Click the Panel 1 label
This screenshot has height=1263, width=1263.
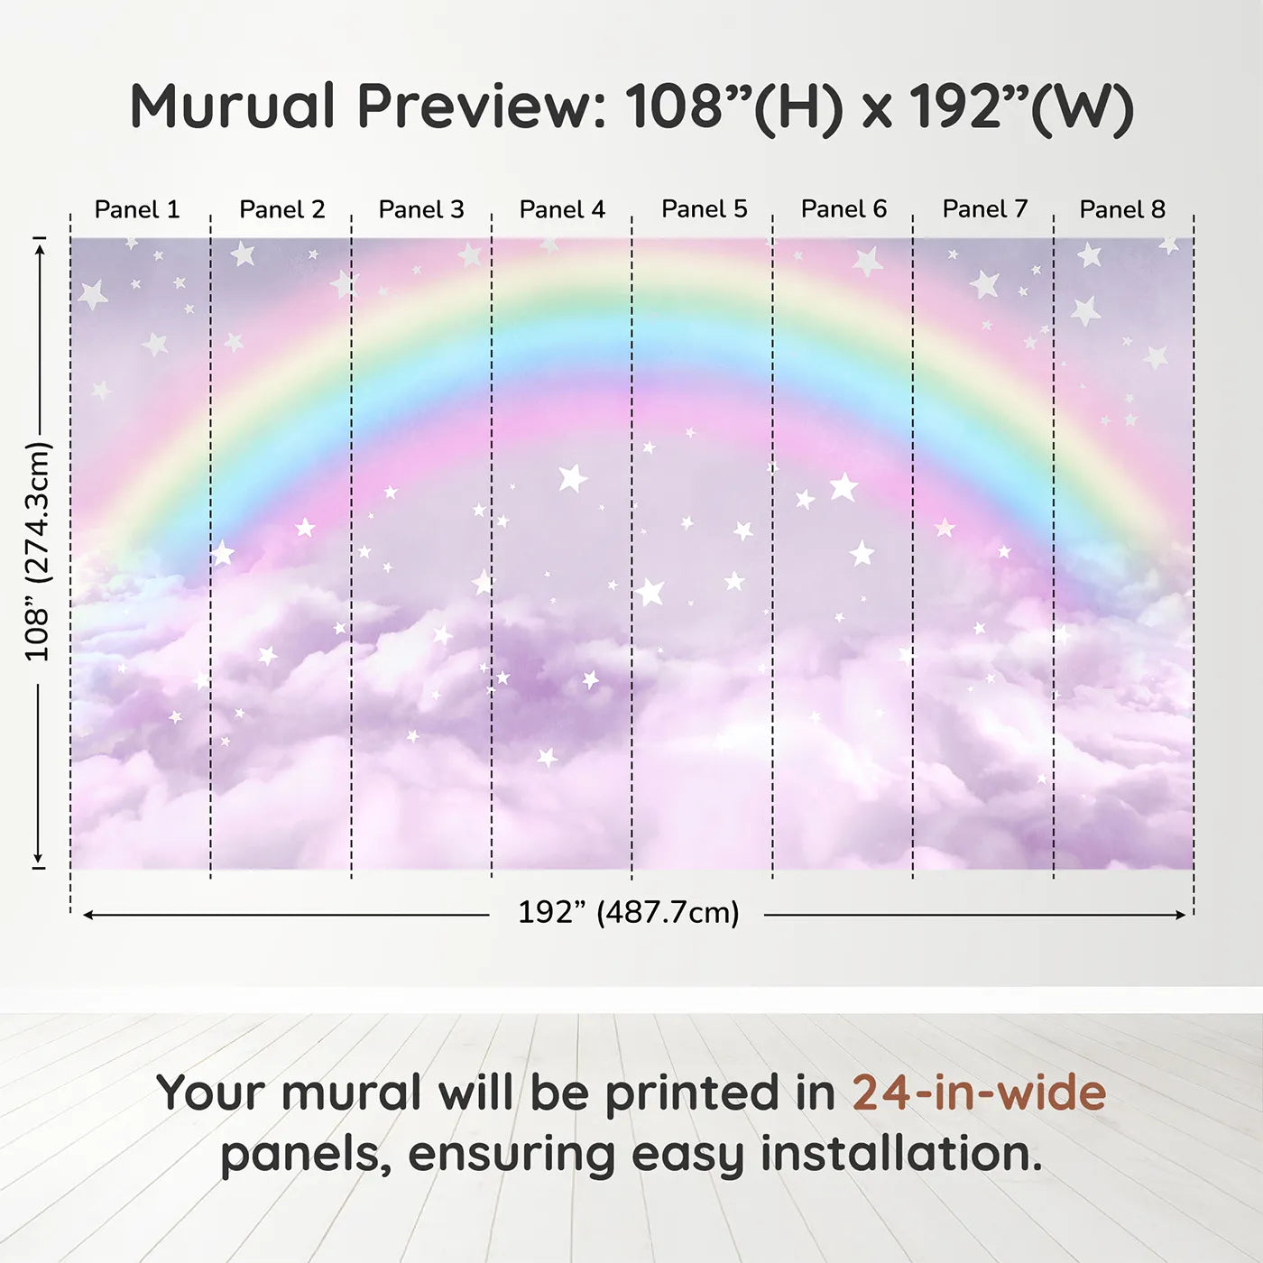(137, 209)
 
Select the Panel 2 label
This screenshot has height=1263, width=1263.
(281, 209)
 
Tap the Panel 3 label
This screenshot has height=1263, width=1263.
(421, 209)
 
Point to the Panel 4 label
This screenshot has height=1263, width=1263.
(562, 209)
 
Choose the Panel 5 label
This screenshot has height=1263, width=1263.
(705, 209)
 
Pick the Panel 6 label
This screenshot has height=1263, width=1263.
(844, 209)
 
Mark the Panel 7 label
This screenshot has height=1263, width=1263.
(985, 209)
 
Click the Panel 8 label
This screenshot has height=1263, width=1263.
(1123, 209)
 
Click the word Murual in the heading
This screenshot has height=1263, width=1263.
(233, 106)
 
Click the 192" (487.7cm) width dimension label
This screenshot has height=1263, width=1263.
(629, 912)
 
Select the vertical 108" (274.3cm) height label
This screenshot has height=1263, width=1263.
(38, 551)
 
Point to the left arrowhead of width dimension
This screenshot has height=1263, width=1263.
(88, 915)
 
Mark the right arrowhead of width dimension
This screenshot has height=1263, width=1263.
(1181, 915)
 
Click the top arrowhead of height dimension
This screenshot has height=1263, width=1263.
(40, 249)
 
